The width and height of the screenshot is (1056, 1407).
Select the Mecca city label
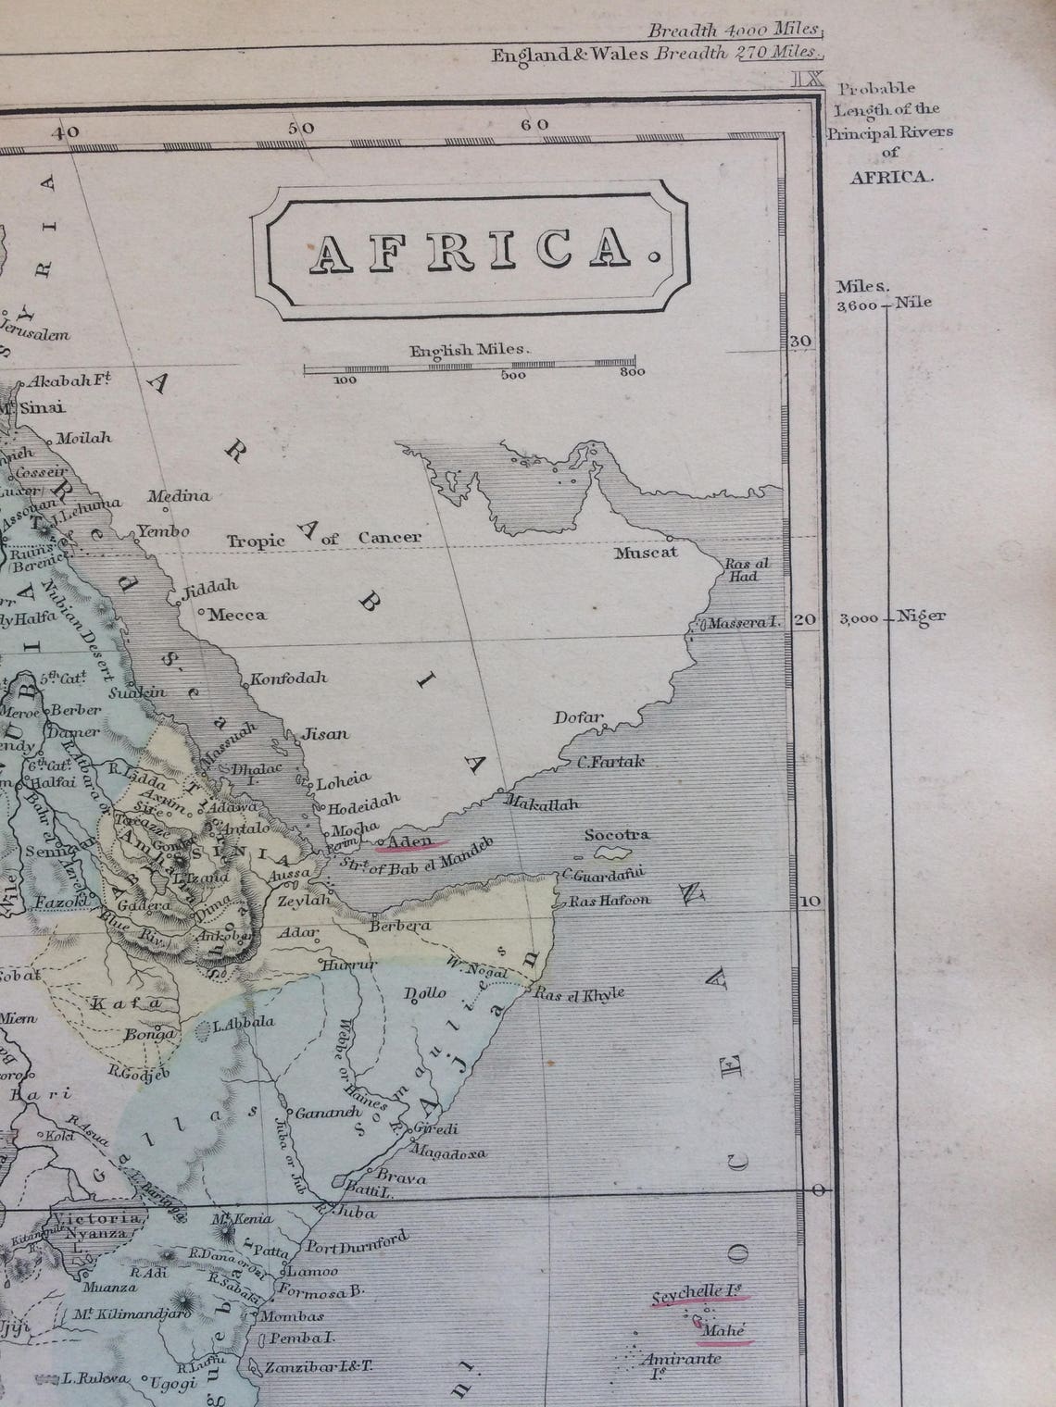237,615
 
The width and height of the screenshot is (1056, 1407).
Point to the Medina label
179,496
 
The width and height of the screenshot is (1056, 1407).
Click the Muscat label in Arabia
647,553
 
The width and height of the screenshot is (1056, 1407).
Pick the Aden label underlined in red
406,840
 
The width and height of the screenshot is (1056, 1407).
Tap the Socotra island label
617,834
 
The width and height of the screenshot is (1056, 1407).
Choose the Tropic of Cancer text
324,539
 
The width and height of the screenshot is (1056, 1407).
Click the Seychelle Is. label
698,1294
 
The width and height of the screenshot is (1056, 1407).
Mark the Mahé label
723,1330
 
